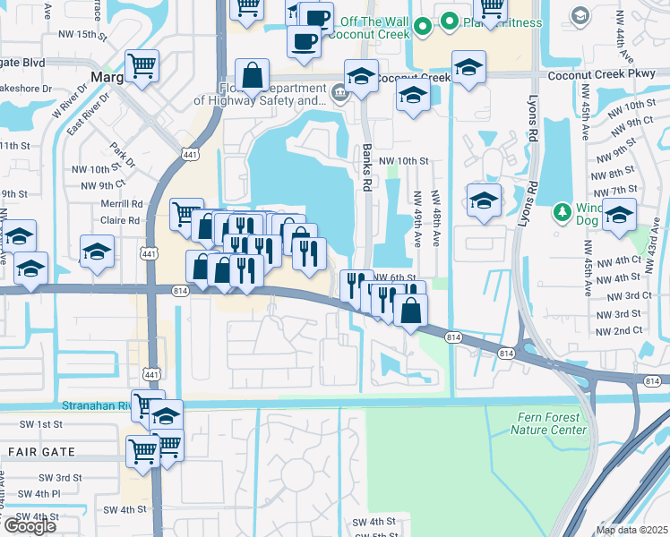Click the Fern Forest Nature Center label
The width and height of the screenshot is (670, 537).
[x=548, y=423]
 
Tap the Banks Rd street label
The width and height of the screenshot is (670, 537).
[x=366, y=167]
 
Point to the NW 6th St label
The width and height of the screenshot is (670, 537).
[x=396, y=277]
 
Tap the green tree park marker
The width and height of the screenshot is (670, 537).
[x=562, y=212]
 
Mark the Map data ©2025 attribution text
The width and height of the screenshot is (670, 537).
[x=632, y=530]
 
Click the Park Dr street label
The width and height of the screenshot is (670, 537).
[x=123, y=155]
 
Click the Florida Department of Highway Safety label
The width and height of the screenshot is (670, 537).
[x=273, y=95]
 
